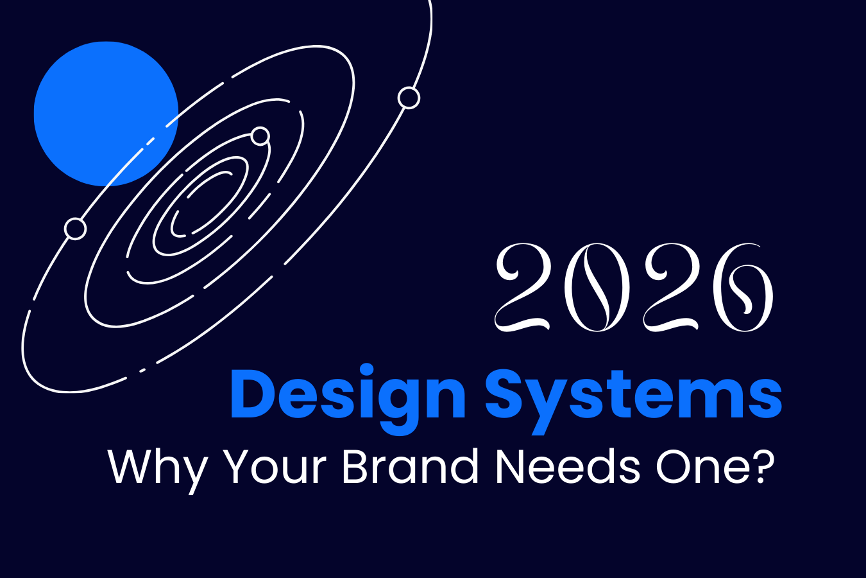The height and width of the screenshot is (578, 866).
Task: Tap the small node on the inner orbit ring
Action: tap(260, 136)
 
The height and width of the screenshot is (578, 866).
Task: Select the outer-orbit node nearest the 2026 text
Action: tap(409, 98)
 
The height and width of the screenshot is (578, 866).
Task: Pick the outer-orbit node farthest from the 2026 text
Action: tap(76, 229)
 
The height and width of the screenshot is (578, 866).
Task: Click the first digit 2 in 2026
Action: tap(523, 288)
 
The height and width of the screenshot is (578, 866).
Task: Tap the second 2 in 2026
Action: tap(670, 288)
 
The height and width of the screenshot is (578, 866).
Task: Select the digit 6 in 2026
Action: tap(744, 288)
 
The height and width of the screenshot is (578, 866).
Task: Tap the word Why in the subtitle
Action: tap(158, 468)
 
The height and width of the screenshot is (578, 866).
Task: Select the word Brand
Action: tap(410, 466)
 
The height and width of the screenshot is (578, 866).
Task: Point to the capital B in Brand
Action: tap(355, 466)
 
